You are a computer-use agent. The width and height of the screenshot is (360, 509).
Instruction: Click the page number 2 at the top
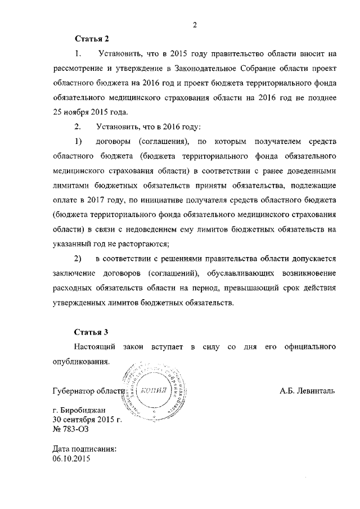[x=194, y=25]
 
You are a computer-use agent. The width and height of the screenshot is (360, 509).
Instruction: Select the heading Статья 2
[x=92, y=39]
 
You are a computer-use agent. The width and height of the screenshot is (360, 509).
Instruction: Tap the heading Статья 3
[x=92, y=332]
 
